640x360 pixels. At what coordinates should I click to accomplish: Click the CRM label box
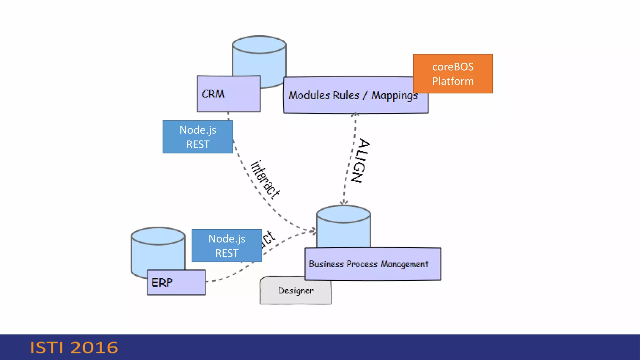click(228, 94)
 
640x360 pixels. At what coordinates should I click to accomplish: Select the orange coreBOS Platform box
click(452, 74)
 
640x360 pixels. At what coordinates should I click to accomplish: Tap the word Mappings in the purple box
click(394, 96)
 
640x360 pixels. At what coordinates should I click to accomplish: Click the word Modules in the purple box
click(308, 95)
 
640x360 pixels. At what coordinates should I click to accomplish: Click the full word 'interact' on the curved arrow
click(265, 180)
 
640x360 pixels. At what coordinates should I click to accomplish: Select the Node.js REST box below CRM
click(197, 137)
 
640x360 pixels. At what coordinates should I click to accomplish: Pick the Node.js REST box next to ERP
click(227, 246)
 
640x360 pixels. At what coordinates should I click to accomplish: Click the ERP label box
click(176, 282)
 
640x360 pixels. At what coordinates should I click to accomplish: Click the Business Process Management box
click(372, 264)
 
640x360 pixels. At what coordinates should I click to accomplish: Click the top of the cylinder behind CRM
click(259, 45)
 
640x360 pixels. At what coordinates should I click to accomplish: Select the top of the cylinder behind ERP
click(158, 236)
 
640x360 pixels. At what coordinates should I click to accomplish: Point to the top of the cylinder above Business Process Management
click(343, 214)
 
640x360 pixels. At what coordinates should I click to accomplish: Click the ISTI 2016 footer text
click(74, 347)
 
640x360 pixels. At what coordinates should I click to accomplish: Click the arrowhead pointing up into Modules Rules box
click(355, 115)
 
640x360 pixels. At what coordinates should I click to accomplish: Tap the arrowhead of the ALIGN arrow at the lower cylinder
click(344, 202)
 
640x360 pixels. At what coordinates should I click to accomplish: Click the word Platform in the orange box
click(452, 81)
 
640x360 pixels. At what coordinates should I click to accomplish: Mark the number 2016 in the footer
click(94, 347)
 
